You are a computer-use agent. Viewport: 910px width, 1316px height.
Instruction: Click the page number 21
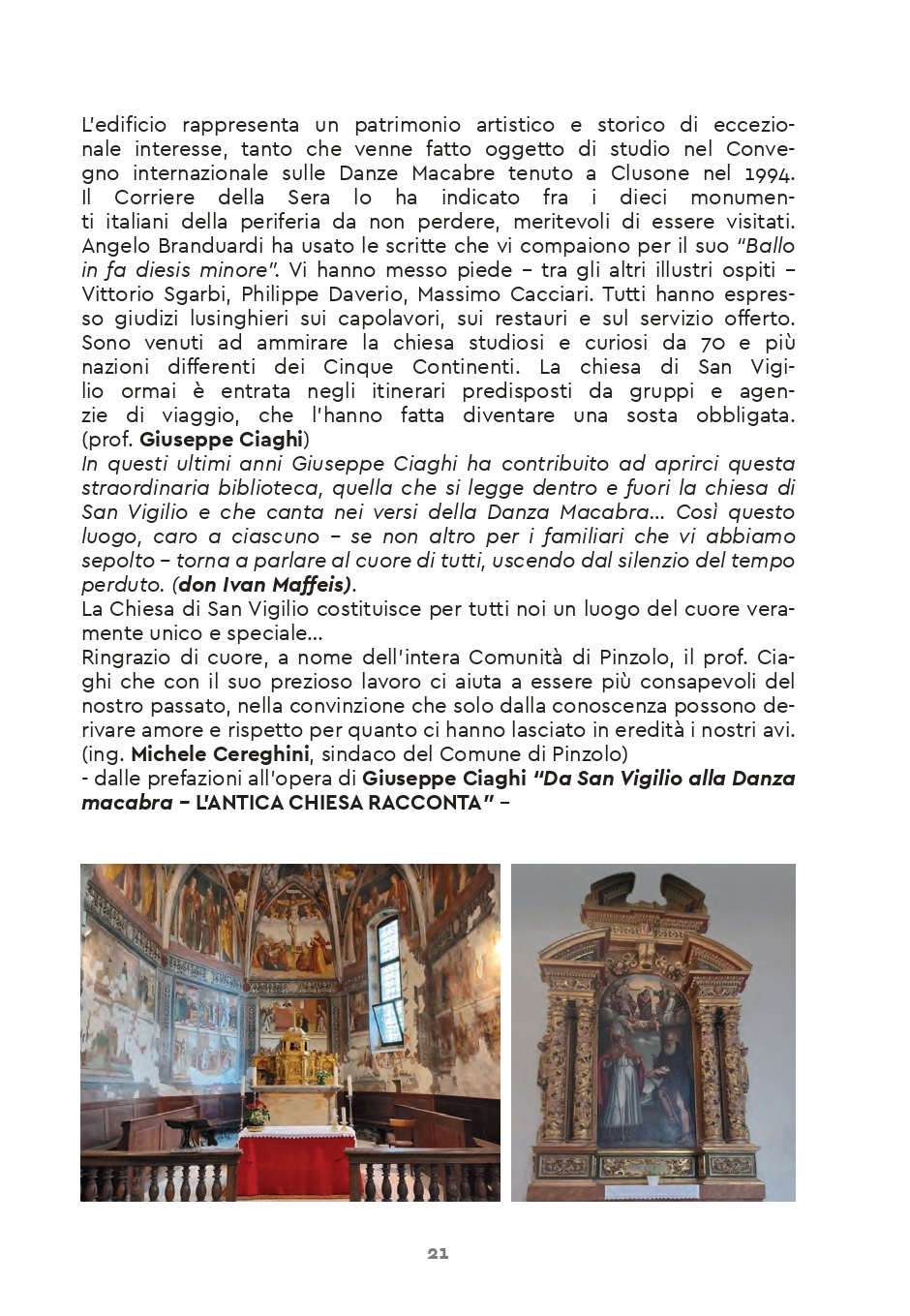coord(438,1253)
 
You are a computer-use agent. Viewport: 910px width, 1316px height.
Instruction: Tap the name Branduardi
coord(197,246)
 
